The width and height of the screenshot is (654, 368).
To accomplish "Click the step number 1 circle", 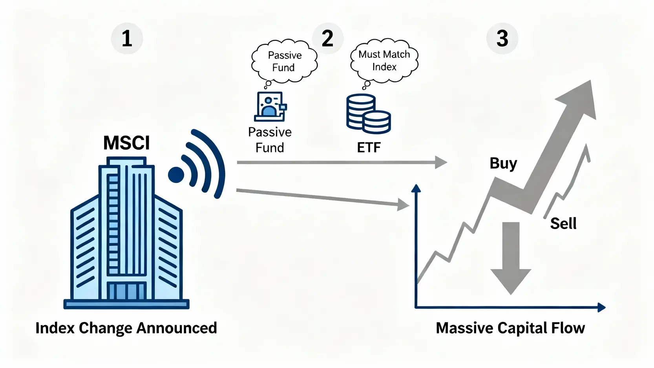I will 127,38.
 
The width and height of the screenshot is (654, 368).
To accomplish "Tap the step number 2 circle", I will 328,38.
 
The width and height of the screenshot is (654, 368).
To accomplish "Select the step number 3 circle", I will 502,38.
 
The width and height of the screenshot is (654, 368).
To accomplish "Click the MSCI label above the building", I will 126,143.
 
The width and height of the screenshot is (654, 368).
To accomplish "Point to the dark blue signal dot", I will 176,175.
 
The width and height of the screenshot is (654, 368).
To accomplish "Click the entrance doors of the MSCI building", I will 127,291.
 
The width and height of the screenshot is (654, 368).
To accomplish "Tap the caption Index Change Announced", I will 126,328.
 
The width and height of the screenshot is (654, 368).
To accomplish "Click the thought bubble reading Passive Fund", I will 284,61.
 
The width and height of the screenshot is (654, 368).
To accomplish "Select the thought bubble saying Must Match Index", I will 384,60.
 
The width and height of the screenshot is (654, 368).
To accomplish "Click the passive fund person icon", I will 270,106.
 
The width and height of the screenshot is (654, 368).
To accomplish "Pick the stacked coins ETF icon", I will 368,114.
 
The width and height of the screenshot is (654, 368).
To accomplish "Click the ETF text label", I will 369,148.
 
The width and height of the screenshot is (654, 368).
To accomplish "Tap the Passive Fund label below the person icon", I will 270,140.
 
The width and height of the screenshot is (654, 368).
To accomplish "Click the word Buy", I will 503,163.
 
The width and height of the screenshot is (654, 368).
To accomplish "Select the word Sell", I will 563,223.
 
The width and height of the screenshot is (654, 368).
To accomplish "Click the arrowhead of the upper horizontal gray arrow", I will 441,162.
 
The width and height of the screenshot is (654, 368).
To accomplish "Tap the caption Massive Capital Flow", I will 510,328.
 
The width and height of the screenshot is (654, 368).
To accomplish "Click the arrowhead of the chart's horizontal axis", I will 601,307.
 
